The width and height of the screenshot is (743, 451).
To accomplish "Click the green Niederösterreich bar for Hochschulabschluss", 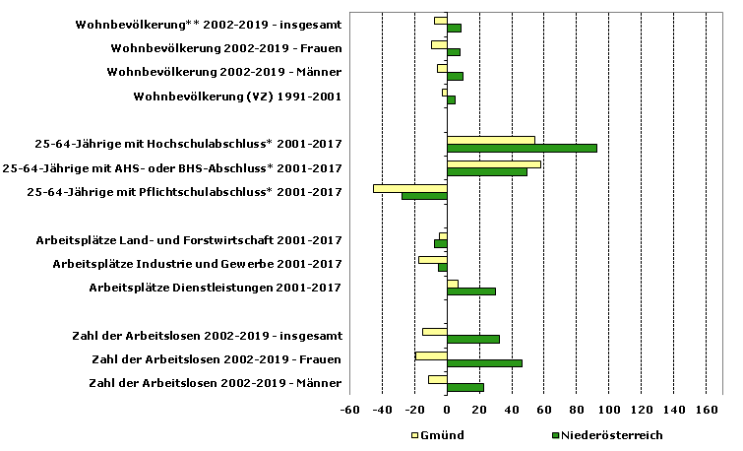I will click(x=522, y=148).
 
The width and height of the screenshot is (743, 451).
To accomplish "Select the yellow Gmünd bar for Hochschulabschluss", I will click(x=490, y=140).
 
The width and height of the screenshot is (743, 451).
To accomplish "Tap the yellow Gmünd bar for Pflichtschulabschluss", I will click(x=409, y=187).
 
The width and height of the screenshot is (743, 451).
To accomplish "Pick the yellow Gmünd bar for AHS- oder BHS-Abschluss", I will click(x=493, y=163).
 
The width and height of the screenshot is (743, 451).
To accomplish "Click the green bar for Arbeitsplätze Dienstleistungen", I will click(x=470, y=291).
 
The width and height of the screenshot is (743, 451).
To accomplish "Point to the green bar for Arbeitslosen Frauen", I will click(x=484, y=363).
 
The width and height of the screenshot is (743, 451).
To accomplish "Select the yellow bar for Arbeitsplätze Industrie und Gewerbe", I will click(x=432, y=260).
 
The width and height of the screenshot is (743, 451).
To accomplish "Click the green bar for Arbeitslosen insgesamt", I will click(x=472, y=340).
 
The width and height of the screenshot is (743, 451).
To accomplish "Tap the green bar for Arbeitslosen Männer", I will click(x=464, y=387).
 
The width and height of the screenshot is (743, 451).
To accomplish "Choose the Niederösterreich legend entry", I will click(x=606, y=434).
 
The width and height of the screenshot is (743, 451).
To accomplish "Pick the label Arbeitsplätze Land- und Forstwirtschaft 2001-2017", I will click(x=189, y=240).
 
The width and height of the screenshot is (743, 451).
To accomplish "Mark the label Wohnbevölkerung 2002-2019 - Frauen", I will click(x=226, y=48).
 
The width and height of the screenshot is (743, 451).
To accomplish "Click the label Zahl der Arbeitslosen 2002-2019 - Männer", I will click(x=215, y=383).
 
